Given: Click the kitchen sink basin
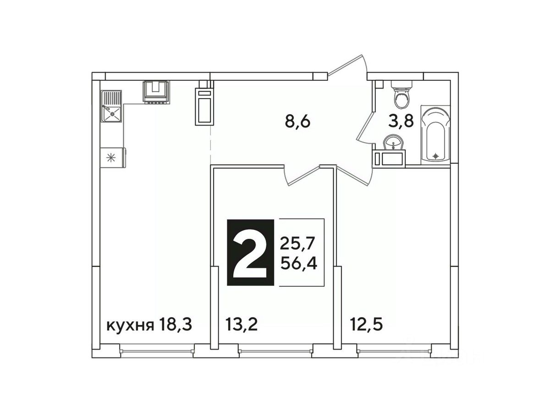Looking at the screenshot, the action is (x=111, y=114).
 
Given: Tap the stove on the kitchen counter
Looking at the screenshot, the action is (x=156, y=92).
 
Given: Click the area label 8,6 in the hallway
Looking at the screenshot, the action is (x=297, y=122).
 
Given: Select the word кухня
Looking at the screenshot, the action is (x=130, y=326).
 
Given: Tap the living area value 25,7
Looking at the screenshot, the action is (x=297, y=244).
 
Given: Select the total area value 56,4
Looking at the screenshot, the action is (x=299, y=263).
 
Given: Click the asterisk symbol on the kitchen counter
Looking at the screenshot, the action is (x=111, y=158).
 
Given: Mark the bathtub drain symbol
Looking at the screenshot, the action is (x=436, y=156).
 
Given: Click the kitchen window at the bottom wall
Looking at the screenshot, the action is (x=157, y=351).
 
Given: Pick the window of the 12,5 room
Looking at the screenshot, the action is (x=395, y=351).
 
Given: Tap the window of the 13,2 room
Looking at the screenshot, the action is (x=275, y=351).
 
